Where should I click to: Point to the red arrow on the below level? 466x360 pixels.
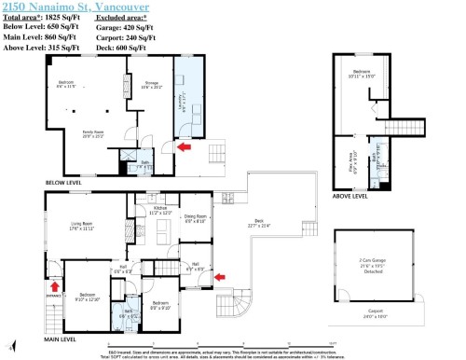(x=185, y=146)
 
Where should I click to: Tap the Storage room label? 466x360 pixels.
(x=150, y=86)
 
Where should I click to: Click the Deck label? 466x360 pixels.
(x=259, y=224)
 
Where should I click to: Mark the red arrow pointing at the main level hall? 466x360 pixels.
(x=219, y=276)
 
